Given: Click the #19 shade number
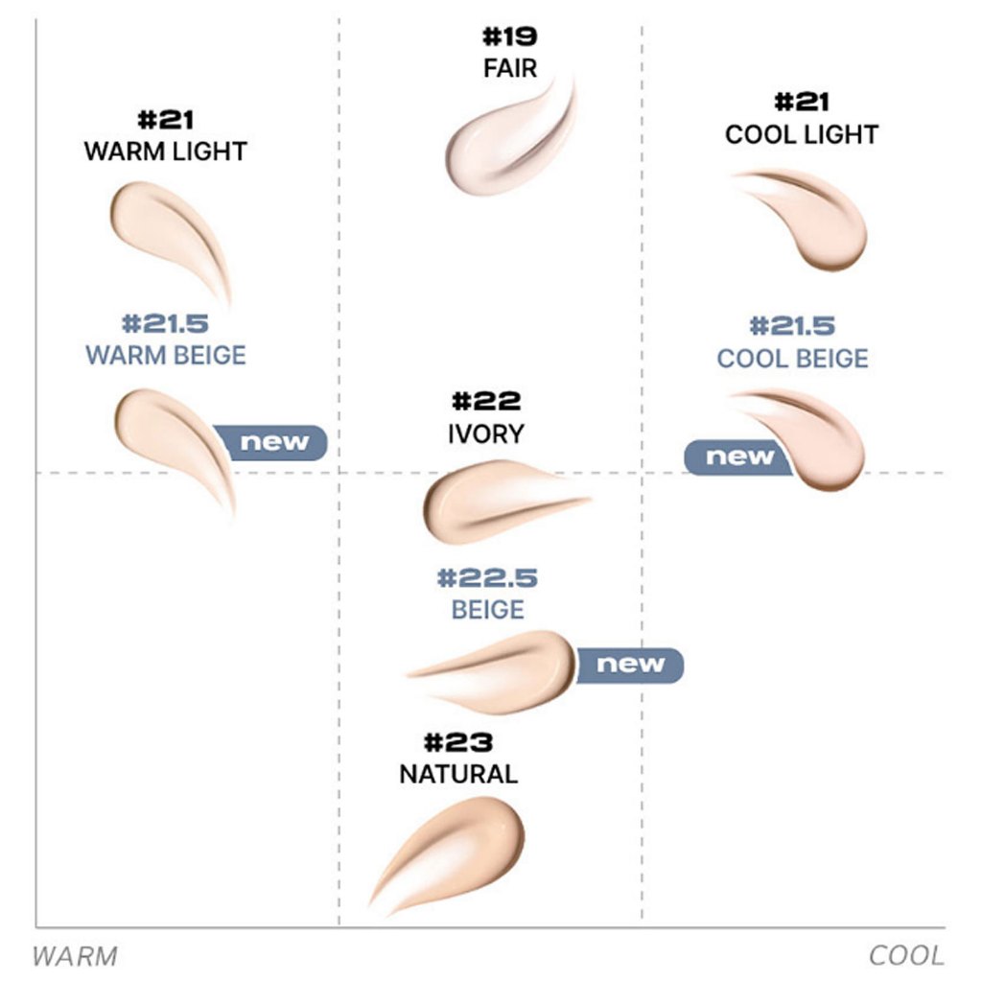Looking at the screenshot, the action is pyautogui.click(x=509, y=38).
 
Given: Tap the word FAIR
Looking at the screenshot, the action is pyautogui.click(x=509, y=69).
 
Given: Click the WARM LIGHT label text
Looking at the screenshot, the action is pyautogui.click(x=165, y=152).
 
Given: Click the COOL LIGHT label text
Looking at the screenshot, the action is pyautogui.click(x=802, y=134).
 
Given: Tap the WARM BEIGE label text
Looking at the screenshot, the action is pyautogui.click(x=165, y=355).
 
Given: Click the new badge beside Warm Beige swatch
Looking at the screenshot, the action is pyautogui.click(x=274, y=442).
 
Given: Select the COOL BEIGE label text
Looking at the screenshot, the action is pyautogui.click(x=793, y=359).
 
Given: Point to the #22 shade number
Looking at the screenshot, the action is pyautogui.click(x=486, y=401).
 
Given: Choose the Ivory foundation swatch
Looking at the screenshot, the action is pyautogui.click(x=489, y=501).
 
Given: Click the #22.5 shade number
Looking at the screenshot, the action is pyautogui.click(x=487, y=578).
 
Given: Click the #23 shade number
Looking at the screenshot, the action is pyautogui.click(x=458, y=742).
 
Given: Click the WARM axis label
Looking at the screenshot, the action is pyautogui.click(x=75, y=956).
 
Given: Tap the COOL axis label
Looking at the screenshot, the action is pyautogui.click(x=906, y=956).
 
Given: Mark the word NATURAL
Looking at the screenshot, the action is pyautogui.click(x=458, y=773).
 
